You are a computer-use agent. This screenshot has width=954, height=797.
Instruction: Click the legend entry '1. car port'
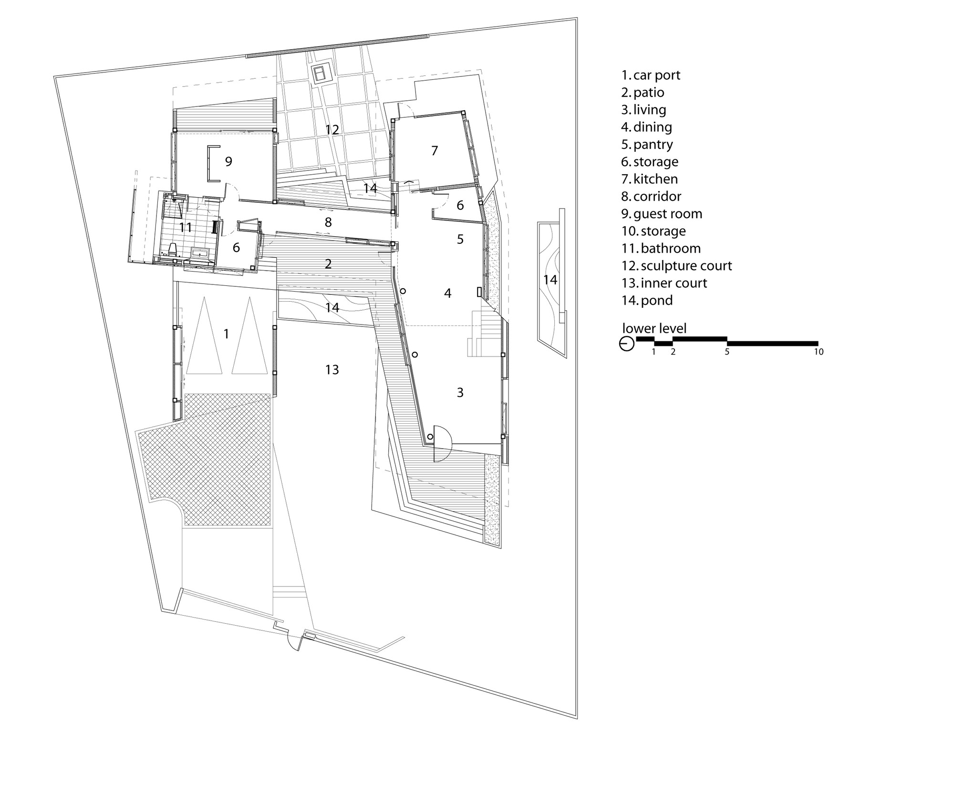click(x=651, y=75)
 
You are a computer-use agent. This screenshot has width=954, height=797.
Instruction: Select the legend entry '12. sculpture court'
click(x=676, y=266)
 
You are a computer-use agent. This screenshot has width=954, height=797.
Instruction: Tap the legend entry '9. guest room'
click(x=662, y=214)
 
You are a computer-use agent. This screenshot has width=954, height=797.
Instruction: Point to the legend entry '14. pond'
click(x=647, y=301)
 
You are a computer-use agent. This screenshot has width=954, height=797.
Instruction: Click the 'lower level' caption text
click(x=654, y=328)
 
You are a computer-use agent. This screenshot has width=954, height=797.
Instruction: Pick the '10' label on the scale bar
click(x=819, y=352)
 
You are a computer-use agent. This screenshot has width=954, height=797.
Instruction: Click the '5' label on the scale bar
click(x=727, y=352)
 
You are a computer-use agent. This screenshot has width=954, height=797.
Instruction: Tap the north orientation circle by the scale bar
click(x=627, y=344)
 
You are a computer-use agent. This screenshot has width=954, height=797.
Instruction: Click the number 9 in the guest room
click(x=228, y=162)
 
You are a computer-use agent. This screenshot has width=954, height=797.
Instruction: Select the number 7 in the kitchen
click(x=434, y=151)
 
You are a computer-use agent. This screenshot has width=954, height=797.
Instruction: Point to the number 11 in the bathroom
click(x=185, y=227)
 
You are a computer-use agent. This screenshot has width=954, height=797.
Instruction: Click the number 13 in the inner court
click(x=332, y=369)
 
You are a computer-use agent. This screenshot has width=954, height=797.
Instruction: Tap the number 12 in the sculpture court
click(x=332, y=129)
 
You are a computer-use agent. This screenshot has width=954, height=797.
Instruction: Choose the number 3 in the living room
click(x=460, y=392)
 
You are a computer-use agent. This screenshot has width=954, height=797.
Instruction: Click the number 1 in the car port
click(x=226, y=334)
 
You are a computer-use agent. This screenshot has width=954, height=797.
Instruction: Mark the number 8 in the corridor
click(x=328, y=222)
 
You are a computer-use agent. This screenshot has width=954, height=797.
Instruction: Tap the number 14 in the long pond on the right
click(x=550, y=279)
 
